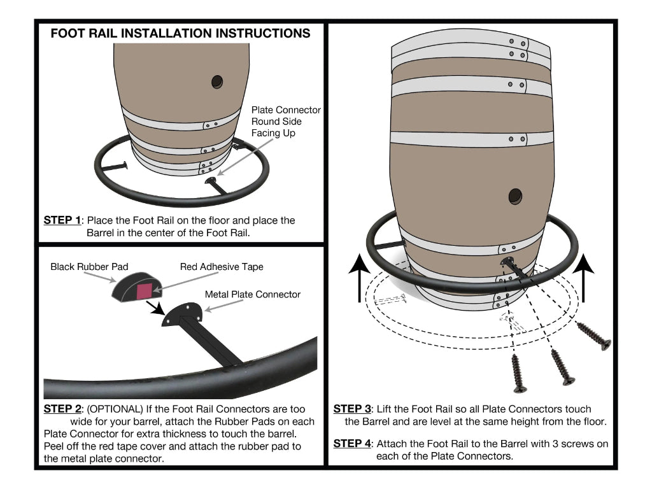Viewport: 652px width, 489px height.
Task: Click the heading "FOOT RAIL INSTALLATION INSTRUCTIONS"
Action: tap(180, 33)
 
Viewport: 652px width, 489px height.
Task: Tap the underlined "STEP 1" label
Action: tap(62, 220)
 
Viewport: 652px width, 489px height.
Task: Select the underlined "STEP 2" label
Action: tap(62, 409)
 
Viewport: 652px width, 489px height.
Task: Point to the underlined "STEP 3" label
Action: tap(352, 409)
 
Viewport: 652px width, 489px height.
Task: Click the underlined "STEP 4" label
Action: tap(352, 443)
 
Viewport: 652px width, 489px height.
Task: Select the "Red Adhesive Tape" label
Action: tap(222, 267)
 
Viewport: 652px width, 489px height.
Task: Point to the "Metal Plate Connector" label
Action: tap(253, 294)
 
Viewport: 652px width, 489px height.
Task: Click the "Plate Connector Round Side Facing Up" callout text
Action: tap(286, 122)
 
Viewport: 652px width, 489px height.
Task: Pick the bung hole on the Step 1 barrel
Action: tap(217, 81)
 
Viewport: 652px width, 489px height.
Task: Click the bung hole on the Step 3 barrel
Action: tap(515, 195)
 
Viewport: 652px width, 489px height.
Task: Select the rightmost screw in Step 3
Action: tap(595, 336)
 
